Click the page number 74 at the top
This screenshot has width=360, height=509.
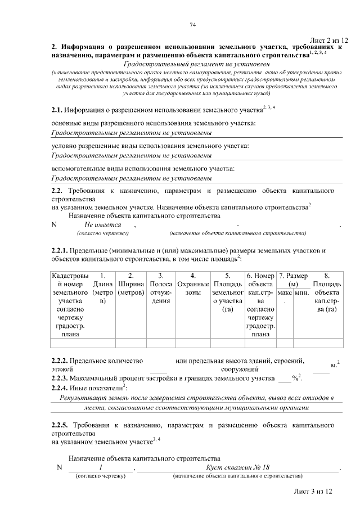[192, 25]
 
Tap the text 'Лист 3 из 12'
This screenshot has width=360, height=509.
[313, 491]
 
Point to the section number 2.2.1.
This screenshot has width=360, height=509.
[58, 250]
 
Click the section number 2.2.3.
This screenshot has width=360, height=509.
[58, 379]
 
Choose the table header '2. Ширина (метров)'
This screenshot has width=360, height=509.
[130, 285]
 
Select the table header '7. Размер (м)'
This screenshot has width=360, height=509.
[293, 281]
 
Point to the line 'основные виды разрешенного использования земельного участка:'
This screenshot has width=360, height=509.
[154, 123]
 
